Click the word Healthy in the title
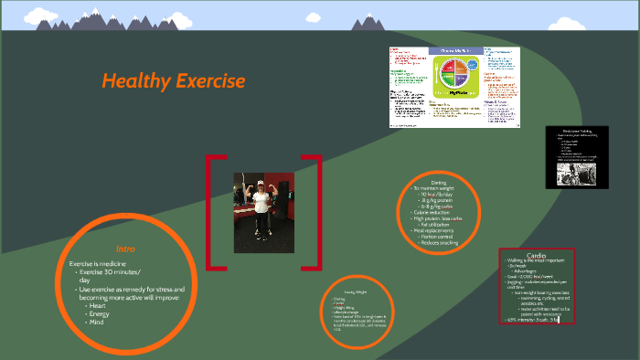pos(136,81)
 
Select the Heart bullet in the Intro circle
pos(98,305)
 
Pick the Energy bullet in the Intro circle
pos(100,313)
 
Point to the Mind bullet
pos(97,322)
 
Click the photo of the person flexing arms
pos(264,212)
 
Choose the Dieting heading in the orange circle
pos(438,183)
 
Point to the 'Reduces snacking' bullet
pos(440,243)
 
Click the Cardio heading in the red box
pos(537,255)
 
